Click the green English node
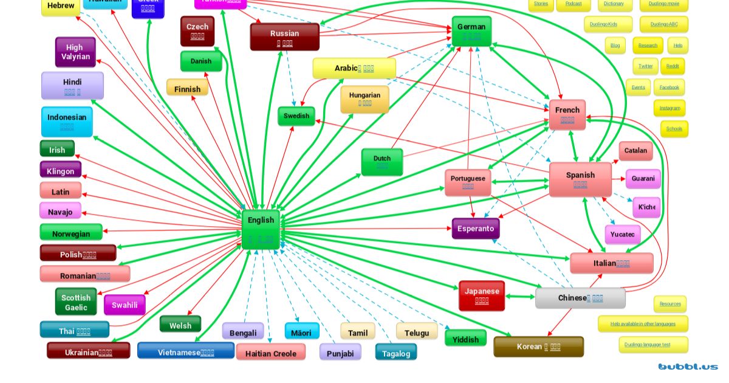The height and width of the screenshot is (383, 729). (261, 229)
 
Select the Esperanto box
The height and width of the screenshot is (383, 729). (476, 229)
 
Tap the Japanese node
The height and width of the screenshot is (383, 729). (481, 295)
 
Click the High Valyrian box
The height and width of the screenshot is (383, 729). (75, 52)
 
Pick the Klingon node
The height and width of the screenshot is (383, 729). (60, 171)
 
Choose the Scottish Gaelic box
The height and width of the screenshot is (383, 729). (76, 302)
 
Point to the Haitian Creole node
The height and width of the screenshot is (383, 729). (271, 353)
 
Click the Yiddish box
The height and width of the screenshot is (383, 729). (466, 339)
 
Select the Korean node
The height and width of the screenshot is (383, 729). (538, 347)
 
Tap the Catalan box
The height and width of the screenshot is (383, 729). (635, 150)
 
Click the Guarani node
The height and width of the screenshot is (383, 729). (643, 179)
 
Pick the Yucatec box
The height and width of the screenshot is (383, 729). (622, 234)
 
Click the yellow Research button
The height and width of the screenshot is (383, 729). (648, 46)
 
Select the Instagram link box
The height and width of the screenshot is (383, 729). (669, 108)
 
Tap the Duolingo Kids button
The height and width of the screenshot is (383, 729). (608, 24)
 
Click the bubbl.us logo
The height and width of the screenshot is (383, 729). (688, 367)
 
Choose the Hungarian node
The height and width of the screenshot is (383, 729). (364, 98)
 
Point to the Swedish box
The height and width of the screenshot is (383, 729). (296, 116)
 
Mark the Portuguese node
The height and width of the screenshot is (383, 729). (468, 182)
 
